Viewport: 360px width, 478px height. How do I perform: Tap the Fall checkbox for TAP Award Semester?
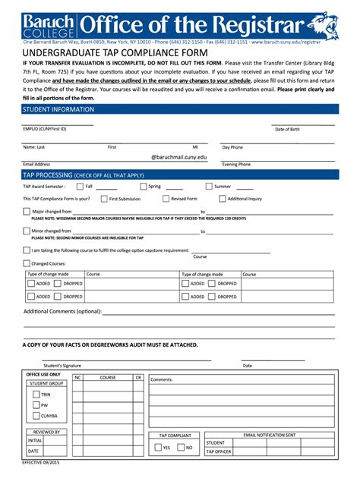[x=78, y=186]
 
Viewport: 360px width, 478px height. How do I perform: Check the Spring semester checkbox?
[x=142, y=186]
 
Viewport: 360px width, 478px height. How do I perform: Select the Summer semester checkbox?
[x=208, y=186]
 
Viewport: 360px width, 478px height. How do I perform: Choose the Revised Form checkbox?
[x=166, y=199]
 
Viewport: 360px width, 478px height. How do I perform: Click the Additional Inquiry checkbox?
[x=222, y=199]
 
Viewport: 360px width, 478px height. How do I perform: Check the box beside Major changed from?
[x=27, y=212]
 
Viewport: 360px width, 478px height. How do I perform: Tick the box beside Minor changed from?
[x=27, y=231]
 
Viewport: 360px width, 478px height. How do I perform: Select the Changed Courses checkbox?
[x=27, y=263]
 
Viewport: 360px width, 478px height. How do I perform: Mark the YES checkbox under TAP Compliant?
[x=156, y=448]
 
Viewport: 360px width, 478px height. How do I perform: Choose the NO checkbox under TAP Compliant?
[x=180, y=448]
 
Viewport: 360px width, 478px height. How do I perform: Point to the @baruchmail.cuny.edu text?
[x=178, y=156]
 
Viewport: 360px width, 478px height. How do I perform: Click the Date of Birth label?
[x=287, y=129]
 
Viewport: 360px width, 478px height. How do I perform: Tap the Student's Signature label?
[x=62, y=366]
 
